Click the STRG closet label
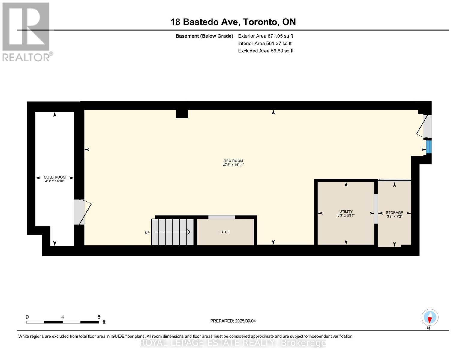(225, 232)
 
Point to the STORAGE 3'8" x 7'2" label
(394, 214)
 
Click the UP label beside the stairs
(147, 233)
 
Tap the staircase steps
(172, 232)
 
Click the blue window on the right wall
(429, 147)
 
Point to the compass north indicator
(430, 317)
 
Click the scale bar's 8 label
(99, 317)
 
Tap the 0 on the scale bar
(27, 317)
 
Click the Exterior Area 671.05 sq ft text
(265, 36)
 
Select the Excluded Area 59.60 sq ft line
(266, 51)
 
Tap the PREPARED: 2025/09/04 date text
(233, 321)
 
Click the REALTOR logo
(26, 31)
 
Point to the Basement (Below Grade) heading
(204, 36)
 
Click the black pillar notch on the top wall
(182, 114)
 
